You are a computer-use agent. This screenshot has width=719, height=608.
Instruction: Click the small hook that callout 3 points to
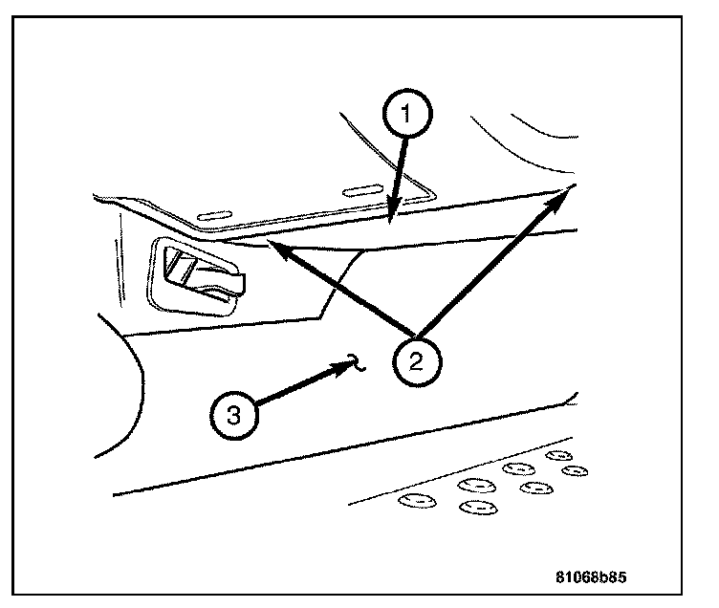354,359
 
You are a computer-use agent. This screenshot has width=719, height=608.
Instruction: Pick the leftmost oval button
415,499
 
